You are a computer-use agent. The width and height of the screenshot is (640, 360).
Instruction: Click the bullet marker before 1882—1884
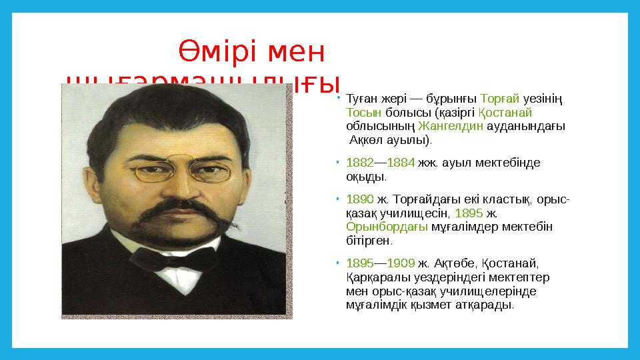339,163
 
